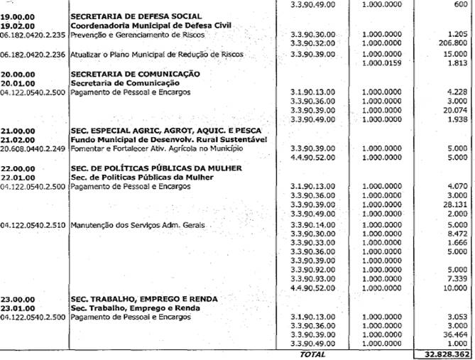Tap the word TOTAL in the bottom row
click(312, 354)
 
